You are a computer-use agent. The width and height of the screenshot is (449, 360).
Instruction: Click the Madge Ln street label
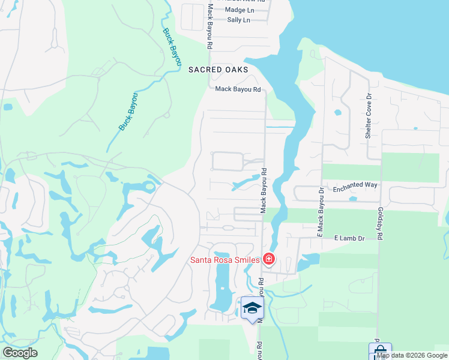pyautogui.click(x=240, y=10)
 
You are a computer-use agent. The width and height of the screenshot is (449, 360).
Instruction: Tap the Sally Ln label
pyautogui.click(x=238, y=20)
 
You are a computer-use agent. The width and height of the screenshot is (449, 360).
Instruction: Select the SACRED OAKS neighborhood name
pyautogui.click(x=218, y=70)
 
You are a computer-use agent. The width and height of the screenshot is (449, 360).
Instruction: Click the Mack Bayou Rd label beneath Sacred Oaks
pyautogui.click(x=238, y=89)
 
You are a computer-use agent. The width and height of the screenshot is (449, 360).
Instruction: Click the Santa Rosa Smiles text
pyautogui.click(x=224, y=260)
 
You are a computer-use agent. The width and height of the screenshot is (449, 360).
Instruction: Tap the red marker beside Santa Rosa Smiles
pyautogui.click(x=268, y=259)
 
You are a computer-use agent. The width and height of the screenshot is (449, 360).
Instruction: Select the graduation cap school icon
pyautogui.click(x=252, y=308)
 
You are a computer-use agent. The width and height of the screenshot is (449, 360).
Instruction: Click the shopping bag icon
pyautogui.click(x=380, y=350)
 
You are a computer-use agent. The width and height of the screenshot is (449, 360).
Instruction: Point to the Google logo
pyautogui.click(x=20, y=353)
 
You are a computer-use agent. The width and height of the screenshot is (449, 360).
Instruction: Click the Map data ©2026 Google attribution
pyautogui.click(x=411, y=355)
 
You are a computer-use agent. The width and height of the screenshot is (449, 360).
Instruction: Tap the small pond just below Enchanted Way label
pyautogui.click(x=353, y=199)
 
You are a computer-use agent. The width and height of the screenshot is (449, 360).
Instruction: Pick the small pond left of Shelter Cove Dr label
pyautogui.click(x=337, y=112)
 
